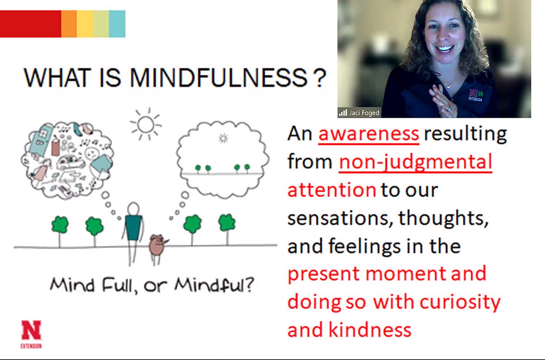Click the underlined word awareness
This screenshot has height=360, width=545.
pyautogui.click(x=369, y=134)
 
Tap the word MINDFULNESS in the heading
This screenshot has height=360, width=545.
pyautogui.click(x=219, y=78)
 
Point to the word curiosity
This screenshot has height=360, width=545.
pyautogui.click(x=460, y=303)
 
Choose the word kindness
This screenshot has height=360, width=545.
pyautogui.click(x=370, y=330)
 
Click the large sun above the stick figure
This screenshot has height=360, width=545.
pyautogui.click(x=146, y=125)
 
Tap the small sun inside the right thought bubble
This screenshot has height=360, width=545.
pyautogui.click(x=223, y=138)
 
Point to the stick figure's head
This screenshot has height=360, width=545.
pyautogui.click(x=134, y=209)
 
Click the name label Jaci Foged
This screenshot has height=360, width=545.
pyautogui.click(x=364, y=113)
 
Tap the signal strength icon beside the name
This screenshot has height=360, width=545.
pyautogui.click(x=343, y=113)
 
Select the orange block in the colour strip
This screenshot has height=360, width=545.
pyautogui.click(x=69, y=24)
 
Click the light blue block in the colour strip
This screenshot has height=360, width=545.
pyautogui.click(x=117, y=24)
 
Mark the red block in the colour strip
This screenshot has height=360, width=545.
pyautogui.click(x=31, y=24)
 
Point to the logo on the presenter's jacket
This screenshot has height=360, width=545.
pyautogui.click(x=476, y=95)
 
